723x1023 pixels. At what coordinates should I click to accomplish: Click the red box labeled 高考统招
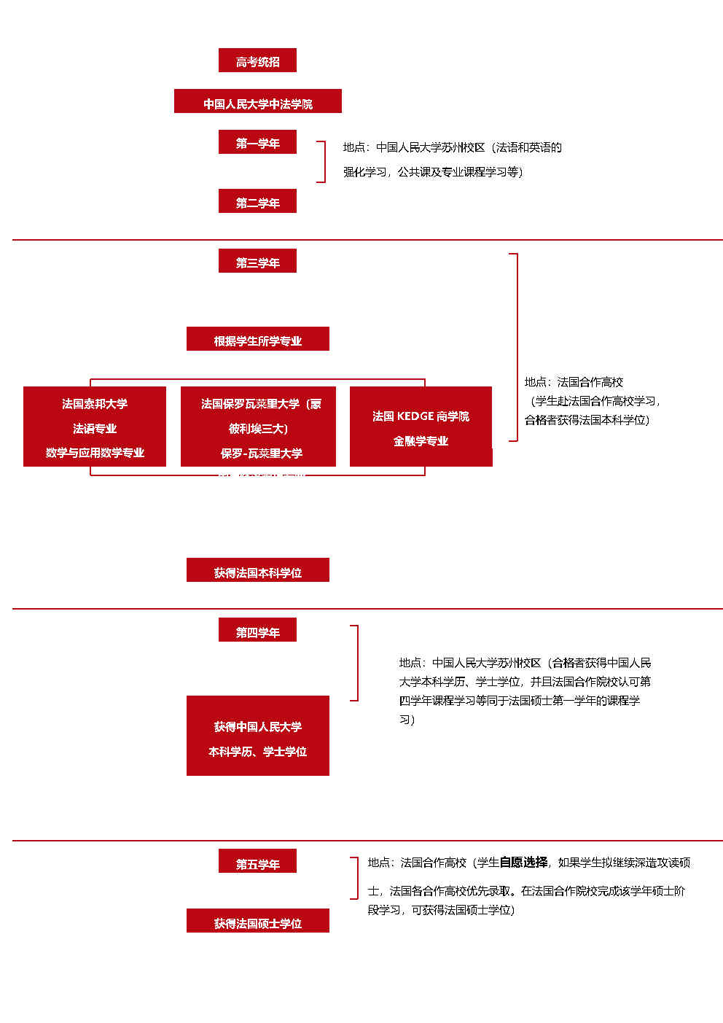point(257,61)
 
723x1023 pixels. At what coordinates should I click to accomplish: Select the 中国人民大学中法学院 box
point(257,102)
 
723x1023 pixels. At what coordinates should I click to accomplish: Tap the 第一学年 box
point(257,142)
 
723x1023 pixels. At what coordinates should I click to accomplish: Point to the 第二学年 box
point(257,201)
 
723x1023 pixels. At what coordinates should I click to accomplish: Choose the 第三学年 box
point(257,261)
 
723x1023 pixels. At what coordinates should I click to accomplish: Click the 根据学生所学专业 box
point(257,339)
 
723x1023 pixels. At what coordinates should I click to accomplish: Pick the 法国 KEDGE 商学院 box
point(421,427)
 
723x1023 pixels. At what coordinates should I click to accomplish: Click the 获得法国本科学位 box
point(257,570)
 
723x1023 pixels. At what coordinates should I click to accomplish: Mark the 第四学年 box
point(257,630)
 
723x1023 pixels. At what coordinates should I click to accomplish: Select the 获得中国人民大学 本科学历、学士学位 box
point(257,736)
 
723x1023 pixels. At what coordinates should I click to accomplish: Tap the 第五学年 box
point(257,861)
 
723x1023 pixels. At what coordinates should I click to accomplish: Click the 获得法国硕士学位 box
point(257,921)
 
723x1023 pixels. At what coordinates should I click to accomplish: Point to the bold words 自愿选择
point(523,863)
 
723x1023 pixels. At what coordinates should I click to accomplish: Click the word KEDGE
point(415,416)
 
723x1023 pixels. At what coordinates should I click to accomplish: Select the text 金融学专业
point(421,441)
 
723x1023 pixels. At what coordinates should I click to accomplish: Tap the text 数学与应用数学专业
point(95,453)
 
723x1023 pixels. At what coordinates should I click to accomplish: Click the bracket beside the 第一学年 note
point(321,161)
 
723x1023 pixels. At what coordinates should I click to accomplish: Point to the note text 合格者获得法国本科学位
point(587,420)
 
